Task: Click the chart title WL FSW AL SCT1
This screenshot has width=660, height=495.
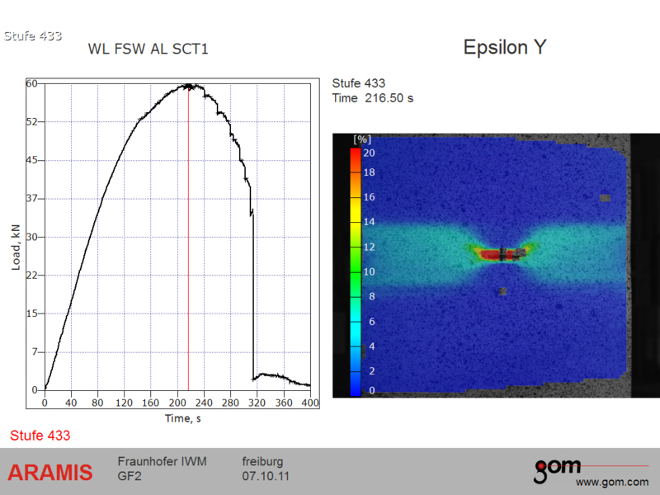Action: [x=148, y=49]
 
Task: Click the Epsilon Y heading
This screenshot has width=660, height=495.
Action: [x=505, y=47]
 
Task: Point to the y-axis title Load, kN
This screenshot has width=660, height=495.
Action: [x=16, y=247]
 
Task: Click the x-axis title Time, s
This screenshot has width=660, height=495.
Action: [x=182, y=418]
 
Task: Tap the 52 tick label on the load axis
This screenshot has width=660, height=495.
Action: [x=32, y=121]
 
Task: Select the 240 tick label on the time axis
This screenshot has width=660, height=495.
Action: [x=204, y=403]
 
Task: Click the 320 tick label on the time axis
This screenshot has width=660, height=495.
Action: [x=257, y=403]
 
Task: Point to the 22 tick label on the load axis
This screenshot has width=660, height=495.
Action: [x=32, y=276]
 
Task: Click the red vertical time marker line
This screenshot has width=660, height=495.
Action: [x=188, y=238]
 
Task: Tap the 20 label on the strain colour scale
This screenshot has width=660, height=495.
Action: [x=369, y=153]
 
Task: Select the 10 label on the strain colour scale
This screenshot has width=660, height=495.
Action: [x=369, y=271]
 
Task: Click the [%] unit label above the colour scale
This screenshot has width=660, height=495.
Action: [x=362, y=139]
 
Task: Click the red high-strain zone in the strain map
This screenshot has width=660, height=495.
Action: [x=497, y=255]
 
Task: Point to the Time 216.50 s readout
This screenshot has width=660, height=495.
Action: [x=373, y=98]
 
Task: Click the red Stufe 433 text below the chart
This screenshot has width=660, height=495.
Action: [x=40, y=436]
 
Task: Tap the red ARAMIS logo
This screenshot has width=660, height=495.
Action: [x=50, y=472]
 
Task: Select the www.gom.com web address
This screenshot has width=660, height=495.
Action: [x=612, y=482]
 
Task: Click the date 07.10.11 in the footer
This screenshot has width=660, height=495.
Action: [x=265, y=476]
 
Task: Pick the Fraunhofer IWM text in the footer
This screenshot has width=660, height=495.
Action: [x=162, y=461]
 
